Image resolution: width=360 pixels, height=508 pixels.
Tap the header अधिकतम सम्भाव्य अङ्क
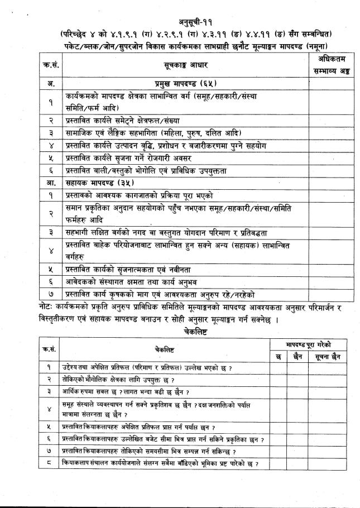click(x=328, y=65)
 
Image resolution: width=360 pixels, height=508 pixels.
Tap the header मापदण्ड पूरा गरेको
click(x=310, y=344)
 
